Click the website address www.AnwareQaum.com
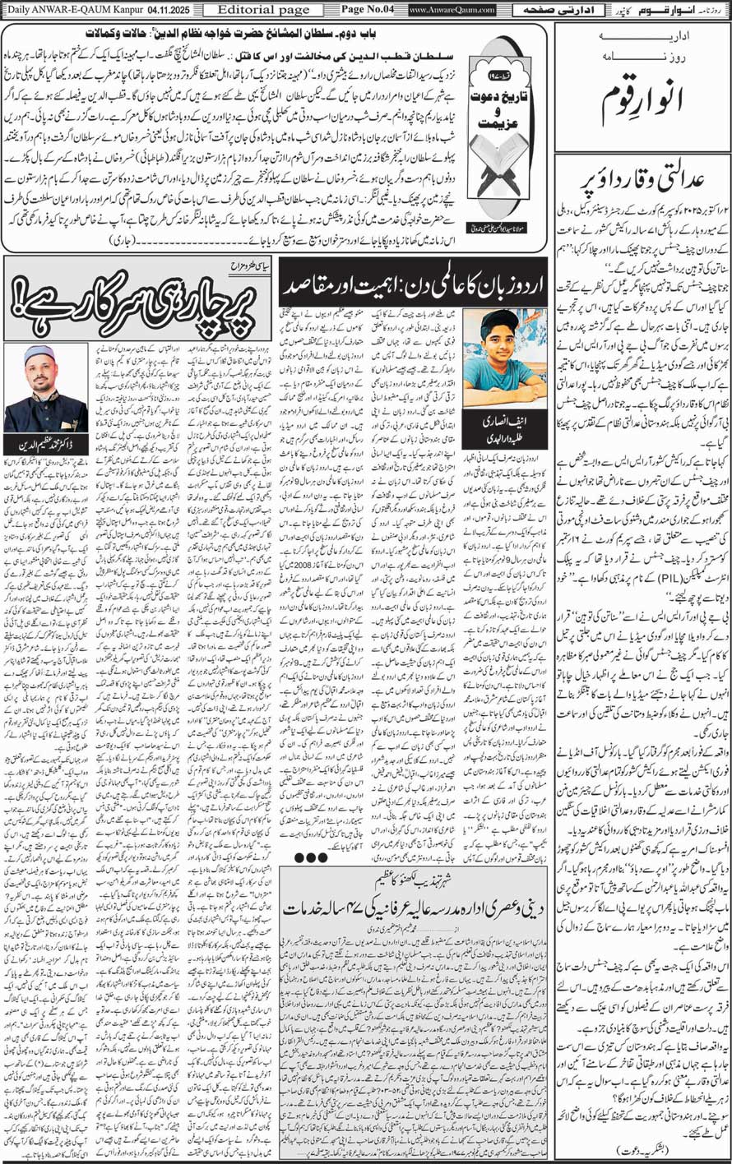[452, 10]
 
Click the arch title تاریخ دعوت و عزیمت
[503, 132]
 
